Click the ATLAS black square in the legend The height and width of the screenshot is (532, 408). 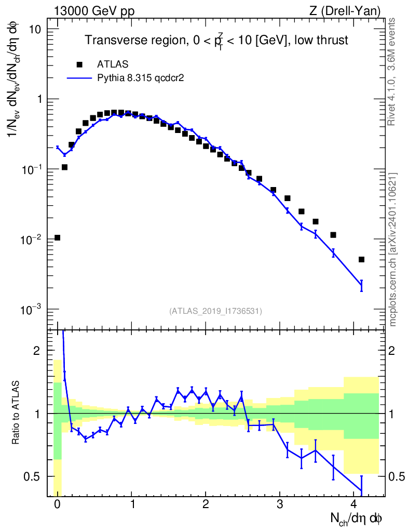click(x=79, y=64)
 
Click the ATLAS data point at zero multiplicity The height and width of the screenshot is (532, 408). click(x=57, y=237)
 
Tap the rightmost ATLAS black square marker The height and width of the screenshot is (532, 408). click(x=361, y=259)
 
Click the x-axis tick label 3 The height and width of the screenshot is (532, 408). click(x=280, y=504)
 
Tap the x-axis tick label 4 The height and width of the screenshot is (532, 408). click(x=354, y=504)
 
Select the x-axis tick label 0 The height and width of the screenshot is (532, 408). click(x=57, y=504)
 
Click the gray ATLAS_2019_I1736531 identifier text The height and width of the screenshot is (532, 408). click(x=215, y=311)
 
